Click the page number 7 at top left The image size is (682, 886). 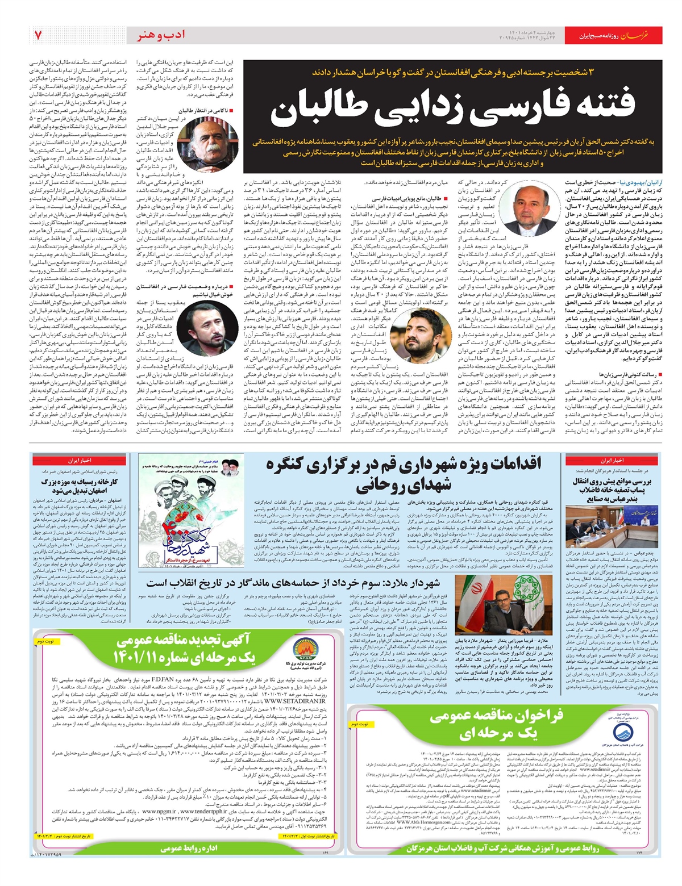[x=38, y=36]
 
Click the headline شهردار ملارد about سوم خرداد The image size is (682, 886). [x=293, y=583]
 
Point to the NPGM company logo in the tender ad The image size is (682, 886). [x=299, y=644]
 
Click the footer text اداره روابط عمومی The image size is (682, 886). [x=189, y=849]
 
